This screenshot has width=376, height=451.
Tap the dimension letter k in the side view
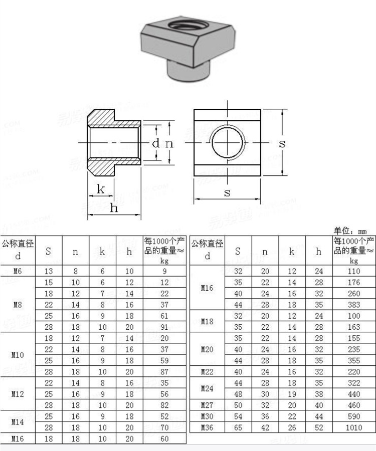coord(101,189)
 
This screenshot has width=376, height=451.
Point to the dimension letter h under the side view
coord(114,207)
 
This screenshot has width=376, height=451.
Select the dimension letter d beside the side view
coord(156,143)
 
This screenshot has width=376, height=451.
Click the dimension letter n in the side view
coord(169,143)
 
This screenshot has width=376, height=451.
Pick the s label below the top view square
coord(227,192)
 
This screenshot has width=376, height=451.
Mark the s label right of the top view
coord(282,143)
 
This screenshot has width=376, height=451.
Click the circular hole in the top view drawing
coord(228,142)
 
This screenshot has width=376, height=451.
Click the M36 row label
coord(207,427)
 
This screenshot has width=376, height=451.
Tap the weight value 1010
coord(354,427)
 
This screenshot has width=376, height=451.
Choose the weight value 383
coord(354,305)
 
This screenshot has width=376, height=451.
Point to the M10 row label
coord(18,355)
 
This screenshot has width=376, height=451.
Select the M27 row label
coord(207,405)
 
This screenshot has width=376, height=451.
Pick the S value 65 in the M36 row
coord(238,427)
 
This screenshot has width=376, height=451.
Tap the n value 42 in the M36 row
coord(265,427)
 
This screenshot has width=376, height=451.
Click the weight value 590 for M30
coord(354,416)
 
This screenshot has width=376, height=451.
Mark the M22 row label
coord(207,371)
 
